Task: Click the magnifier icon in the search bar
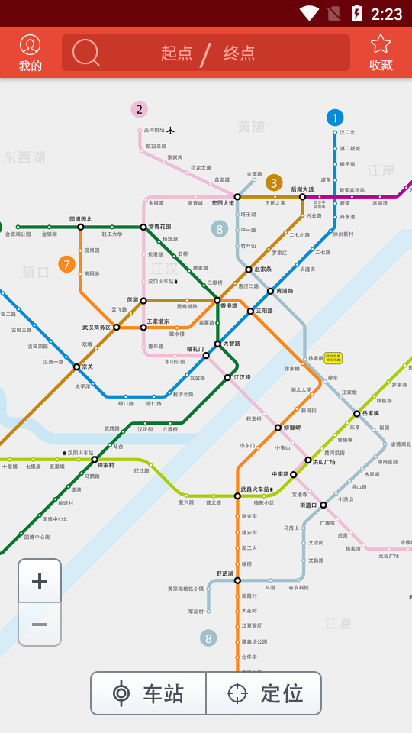pyautogui.click(x=86, y=53)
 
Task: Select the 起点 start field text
pyautogui.click(x=177, y=53)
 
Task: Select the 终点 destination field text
pyautogui.click(x=240, y=53)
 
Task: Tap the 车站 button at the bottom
pyautogui.click(x=149, y=693)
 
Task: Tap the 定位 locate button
pyautogui.click(x=265, y=693)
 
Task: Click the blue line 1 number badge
pyautogui.click(x=334, y=118)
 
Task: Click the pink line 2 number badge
pyautogui.click(x=139, y=109)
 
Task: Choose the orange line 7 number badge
pyautogui.click(x=67, y=265)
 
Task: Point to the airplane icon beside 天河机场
pyautogui.click(x=171, y=131)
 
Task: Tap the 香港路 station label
pyautogui.click(x=229, y=306)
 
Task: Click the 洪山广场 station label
pyautogui.click(x=324, y=462)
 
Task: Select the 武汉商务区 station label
pyautogui.click(x=96, y=327)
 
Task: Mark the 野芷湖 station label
pyautogui.click(x=224, y=573)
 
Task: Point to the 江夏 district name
pyautogui.click(x=338, y=623)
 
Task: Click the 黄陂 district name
pyautogui.click(x=251, y=127)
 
